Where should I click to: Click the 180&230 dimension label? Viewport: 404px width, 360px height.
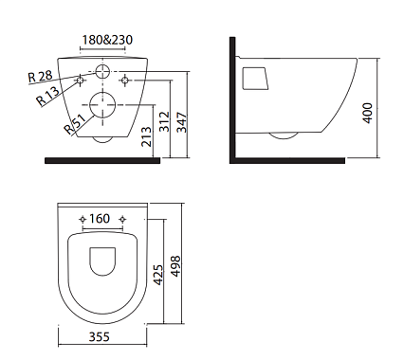coord(107,40)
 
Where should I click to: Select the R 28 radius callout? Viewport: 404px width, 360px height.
coord(40,76)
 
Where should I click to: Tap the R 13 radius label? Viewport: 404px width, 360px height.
coord(48,96)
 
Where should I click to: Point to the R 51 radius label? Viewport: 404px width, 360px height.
coord(75,123)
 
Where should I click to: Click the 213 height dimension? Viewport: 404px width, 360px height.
coord(146,136)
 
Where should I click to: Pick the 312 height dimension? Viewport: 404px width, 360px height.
coord(164,121)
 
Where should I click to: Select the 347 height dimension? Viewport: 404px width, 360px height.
coord(182,122)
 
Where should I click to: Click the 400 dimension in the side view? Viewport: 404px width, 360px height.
coord(367,113)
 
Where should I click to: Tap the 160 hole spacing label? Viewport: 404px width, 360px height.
coord(100,218)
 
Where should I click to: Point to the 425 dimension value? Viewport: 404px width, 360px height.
coord(159,275)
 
